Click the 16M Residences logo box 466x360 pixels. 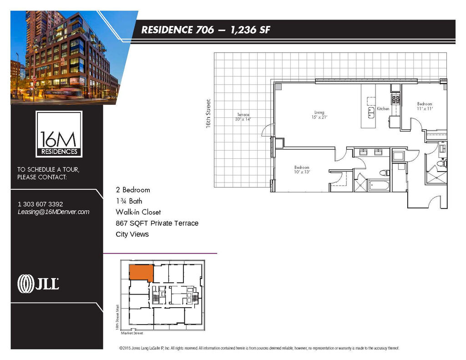[x=59, y=134]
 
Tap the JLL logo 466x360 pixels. [x=38, y=284]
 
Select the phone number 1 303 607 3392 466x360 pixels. [x=41, y=204]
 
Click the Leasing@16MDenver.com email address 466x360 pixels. [x=54, y=212]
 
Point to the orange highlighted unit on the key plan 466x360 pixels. [x=141, y=272]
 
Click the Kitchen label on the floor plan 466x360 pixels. [x=383, y=109]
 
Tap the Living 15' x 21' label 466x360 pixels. [x=319, y=115]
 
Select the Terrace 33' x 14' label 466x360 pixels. [x=243, y=117]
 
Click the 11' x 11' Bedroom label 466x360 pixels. [x=425, y=106]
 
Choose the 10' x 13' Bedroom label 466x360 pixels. [x=302, y=170]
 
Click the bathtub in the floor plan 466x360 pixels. [x=379, y=186]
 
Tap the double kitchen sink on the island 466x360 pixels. [x=371, y=113]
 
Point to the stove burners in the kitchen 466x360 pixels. [x=395, y=100]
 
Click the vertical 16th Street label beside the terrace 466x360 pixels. [x=208, y=114]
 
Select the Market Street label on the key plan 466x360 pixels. [x=132, y=333]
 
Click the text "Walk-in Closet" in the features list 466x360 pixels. [x=138, y=212]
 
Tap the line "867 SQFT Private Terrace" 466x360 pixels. [x=157, y=223]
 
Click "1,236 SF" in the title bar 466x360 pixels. [x=250, y=30]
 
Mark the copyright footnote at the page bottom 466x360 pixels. [x=259, y=348]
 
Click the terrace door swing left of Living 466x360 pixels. [x=268, y=130]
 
